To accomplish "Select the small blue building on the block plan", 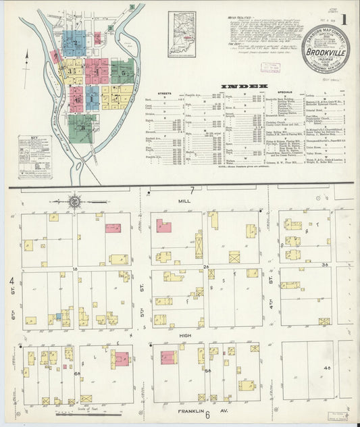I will tap(59, 316).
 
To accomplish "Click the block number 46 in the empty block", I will tap(327, 368).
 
